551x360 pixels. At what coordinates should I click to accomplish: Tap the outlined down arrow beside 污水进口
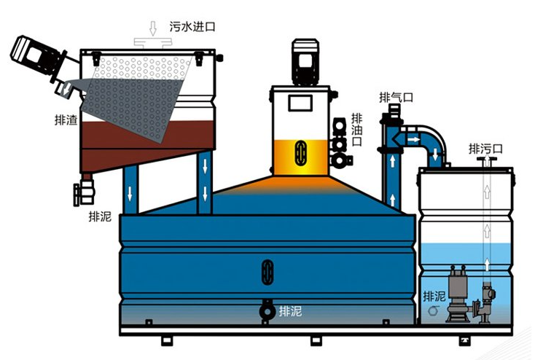[x=152, y=28]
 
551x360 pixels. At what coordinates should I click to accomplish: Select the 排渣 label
[x=66, y=120]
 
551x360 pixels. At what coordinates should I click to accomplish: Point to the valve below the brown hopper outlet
[x=82, y=193]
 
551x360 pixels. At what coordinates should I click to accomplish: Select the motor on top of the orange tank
[x=302, y=62]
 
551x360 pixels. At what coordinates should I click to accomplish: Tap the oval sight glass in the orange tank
[x=299, y=153]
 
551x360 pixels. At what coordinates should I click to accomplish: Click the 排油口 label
[x=356, y=129]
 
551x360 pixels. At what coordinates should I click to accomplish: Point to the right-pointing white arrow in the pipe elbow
[x=413, y=138]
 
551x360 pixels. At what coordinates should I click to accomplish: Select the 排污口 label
[x=485, y=148]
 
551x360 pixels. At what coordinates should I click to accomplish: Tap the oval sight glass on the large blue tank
[x=267, y=272]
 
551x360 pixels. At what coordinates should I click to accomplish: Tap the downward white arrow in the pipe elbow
[x=436, y=154]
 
